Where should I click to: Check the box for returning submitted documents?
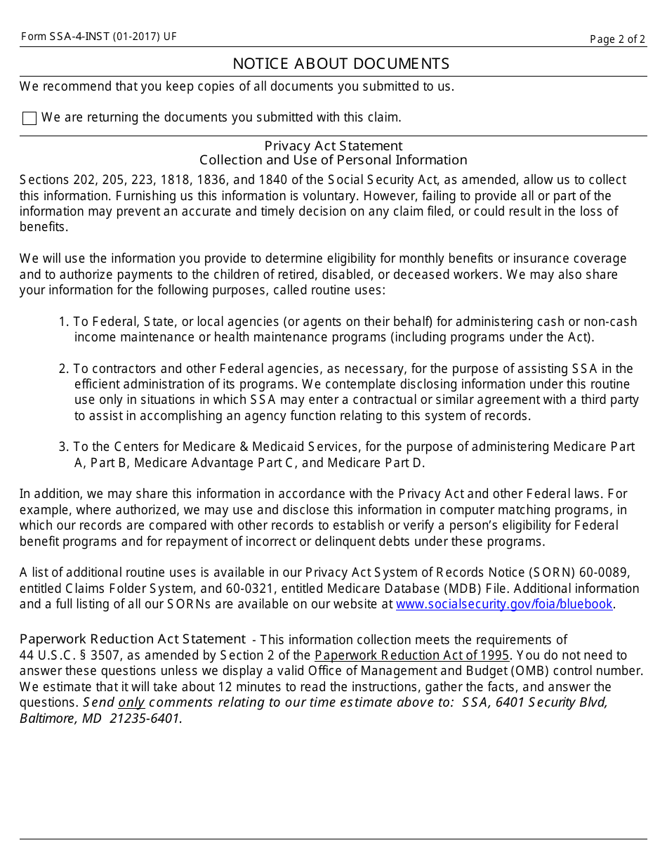point(29,118)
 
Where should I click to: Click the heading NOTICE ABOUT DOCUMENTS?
point(341,64)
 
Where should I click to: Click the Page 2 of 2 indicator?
point(617,39)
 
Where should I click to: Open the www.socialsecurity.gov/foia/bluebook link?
point(504,604)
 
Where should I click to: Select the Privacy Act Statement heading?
point(333,145)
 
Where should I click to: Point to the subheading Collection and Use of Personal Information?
point(333,159)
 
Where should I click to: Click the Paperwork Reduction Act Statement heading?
point(133,639)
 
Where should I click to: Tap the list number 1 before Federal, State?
point(63,322)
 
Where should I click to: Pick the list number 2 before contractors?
point(63,369)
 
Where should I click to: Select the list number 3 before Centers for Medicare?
point(63,447)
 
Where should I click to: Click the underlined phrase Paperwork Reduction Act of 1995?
point(412,655)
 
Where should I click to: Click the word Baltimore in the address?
point(46,718)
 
